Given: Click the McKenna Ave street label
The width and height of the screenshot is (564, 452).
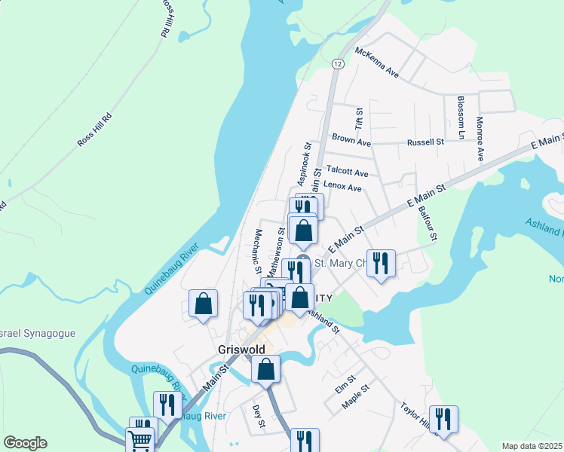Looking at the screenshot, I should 376,65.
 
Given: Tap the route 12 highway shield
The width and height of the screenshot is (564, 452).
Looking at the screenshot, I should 339,65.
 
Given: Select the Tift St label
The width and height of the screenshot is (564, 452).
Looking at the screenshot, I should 360,117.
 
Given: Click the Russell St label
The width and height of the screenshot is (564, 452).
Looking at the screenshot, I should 425,142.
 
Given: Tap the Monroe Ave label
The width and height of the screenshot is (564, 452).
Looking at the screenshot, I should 479,139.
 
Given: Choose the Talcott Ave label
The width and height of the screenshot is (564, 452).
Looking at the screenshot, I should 347,173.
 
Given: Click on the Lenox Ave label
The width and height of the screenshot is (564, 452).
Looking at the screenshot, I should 342,188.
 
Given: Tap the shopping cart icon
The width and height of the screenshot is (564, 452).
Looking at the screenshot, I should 139,439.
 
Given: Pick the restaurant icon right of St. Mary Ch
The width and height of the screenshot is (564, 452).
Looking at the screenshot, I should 380,263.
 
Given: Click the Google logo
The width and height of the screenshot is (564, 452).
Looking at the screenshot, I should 25,443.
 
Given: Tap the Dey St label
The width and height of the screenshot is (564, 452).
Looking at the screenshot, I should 257,417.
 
